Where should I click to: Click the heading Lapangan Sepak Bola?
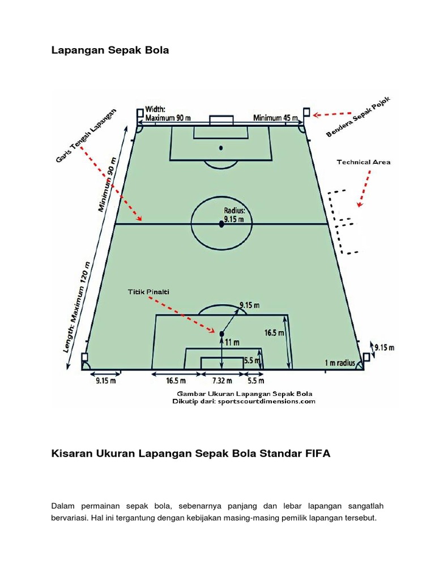coord(110,50)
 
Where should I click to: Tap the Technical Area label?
coord(364,163)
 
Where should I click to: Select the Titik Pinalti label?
coord(148,292)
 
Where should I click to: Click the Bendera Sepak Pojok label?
coord(359,117)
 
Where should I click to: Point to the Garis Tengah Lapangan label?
coord(86,135)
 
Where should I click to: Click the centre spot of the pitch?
coord(221,224)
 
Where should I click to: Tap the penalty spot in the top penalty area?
coord(221,148)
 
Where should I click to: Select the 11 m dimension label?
coord(232,343)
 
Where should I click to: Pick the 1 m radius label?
coord(339,362)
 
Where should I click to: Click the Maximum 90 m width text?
coord(168,118)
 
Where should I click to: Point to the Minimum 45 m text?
coord(276,118)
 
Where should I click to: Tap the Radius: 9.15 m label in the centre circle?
coord(233,214)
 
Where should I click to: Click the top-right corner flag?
coord(306,113)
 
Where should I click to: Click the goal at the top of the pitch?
coord(221,121)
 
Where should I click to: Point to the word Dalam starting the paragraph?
coord(63,505)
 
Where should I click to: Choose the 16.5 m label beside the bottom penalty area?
coord(274,334)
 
